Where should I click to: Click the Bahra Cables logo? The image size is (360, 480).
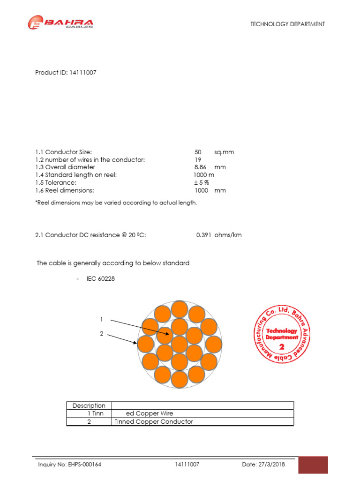pos(60,23)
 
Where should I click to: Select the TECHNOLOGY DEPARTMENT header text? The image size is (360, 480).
pos(287,24)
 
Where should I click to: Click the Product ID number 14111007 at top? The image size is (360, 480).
pos(83,73)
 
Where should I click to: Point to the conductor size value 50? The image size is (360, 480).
pos(198,152)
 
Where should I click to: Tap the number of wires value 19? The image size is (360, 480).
pos(197,160)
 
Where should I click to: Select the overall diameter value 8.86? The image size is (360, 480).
pos(200,167)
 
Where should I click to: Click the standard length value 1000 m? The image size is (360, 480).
pos(204,175)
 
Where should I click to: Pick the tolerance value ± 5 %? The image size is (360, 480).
pos(202,183)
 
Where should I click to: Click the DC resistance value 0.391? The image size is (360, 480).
pos(204,235)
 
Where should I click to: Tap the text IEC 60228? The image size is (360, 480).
pos(100,278)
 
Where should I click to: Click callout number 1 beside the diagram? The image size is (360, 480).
pos(101,319)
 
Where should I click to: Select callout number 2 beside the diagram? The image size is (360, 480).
pos(101,334)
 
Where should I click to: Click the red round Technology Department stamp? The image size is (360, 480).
pos(282,335)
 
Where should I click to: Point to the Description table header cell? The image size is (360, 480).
pos(89,405)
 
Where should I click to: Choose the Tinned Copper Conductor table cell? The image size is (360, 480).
pos(154,421)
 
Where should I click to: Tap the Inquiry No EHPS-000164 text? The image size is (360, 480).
pos(70,465)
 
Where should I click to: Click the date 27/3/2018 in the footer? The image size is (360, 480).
pos(263,465)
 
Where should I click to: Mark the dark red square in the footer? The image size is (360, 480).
pos(313,465)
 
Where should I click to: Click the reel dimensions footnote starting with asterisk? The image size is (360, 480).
pos(116,202)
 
